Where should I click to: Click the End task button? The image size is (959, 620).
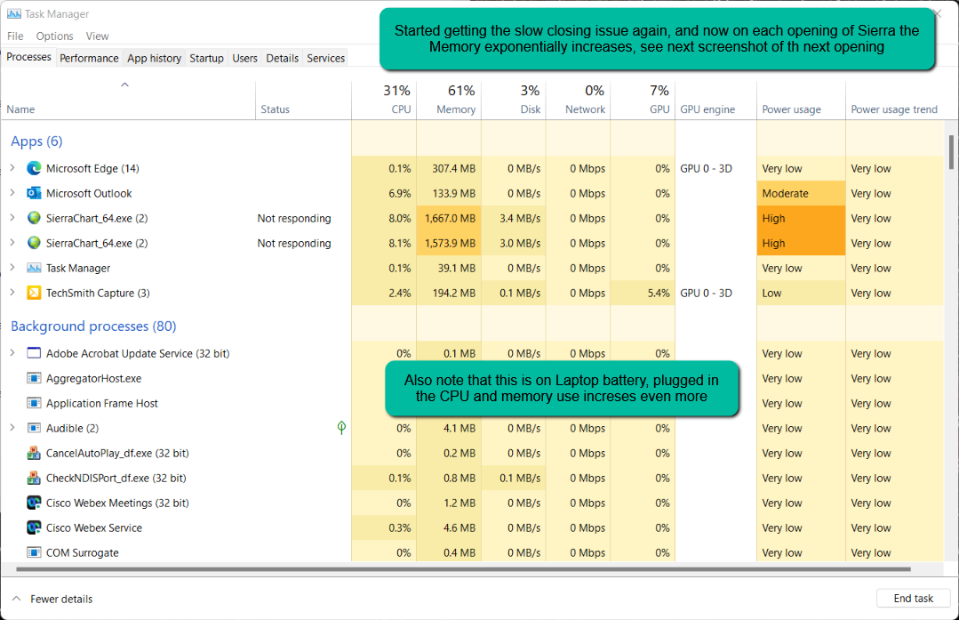(913, 599)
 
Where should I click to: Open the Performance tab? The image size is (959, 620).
(89, 58)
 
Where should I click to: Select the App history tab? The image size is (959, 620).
(154, 58)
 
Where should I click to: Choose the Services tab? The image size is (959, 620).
(325, 58)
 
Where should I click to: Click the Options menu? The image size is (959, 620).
(54, 36)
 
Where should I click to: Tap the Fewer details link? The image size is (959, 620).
(60, 599)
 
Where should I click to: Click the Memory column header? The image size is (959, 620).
(456, 109)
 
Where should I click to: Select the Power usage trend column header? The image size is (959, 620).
(893, 109)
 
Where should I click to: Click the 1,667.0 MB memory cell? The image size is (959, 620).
(450, 218)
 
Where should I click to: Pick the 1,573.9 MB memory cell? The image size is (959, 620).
(450, 243)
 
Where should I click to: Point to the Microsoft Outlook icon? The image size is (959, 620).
(34, 193)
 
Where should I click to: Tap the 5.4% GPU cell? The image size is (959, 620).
(659, 293)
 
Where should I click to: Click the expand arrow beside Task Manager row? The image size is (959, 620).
(12, 268)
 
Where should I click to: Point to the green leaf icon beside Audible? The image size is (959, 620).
(341, 428)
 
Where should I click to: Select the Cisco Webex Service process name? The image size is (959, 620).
(94, 527)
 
